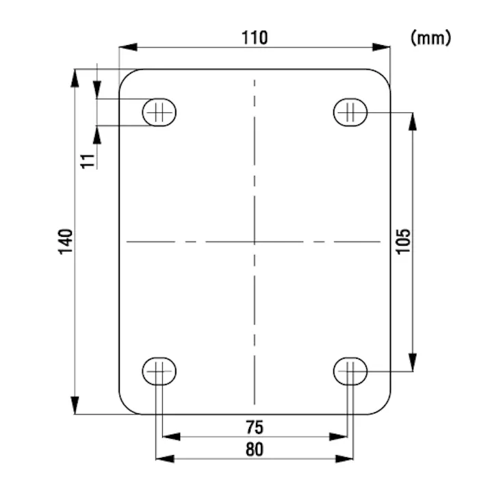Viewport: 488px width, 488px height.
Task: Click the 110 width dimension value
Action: click(254, 37)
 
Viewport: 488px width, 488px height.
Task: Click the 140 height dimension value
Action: click(66, 242)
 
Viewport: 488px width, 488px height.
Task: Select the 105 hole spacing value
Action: click(403, 241)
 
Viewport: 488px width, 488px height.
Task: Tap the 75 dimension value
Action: click(254, 428)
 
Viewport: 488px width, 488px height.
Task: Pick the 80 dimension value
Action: click(254, 449)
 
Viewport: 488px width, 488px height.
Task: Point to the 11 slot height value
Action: click(86, 161)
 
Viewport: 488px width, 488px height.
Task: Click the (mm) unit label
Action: click(431, 38)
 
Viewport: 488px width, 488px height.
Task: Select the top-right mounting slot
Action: click(350, 112)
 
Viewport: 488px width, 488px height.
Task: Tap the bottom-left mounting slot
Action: click(159, 372)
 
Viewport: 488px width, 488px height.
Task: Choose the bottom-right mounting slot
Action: click(350, 372)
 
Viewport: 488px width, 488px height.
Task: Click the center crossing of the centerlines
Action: click(254, 242)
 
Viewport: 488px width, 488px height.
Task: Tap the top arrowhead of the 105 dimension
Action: click(412, 120)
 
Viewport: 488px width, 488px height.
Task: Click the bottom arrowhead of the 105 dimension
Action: click(412, 363)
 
